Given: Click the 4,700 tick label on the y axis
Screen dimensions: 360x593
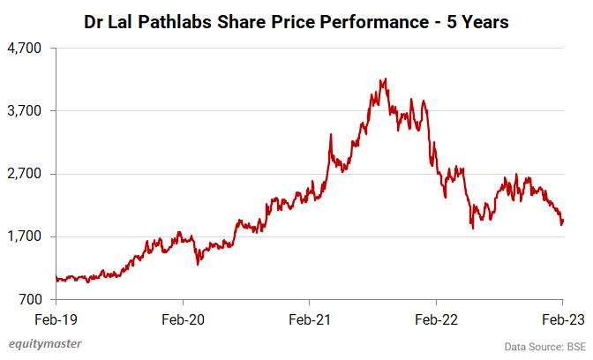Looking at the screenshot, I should click(28, 49).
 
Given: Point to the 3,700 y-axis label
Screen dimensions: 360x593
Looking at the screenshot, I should click(28, 111).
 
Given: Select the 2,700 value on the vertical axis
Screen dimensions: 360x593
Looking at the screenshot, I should click(28, 174).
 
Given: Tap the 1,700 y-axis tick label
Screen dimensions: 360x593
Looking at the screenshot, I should click(28, 236).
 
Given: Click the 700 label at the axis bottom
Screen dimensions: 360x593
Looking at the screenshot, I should click(33, 299).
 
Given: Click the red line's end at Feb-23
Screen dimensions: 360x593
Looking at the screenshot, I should click(563, 221).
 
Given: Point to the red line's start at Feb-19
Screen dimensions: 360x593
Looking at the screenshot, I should click(56, 278).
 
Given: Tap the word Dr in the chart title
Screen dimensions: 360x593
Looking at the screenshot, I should click(94, 20).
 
